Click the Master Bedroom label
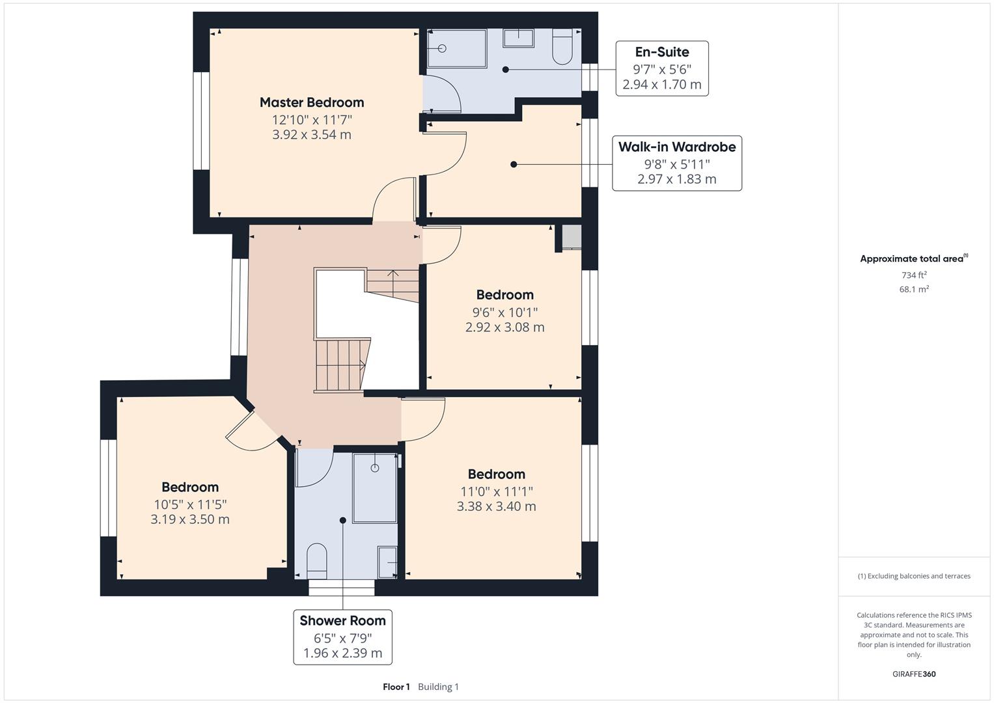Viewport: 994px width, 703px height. point(311,102)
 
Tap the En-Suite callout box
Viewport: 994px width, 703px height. point(661,68)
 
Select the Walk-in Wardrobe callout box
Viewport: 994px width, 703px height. point(676,163)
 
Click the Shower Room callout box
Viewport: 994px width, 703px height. point(342,637)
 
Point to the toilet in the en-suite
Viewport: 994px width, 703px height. point(562,47)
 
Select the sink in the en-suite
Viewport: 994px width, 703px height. point(518,38)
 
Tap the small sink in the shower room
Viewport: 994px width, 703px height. point(388,562)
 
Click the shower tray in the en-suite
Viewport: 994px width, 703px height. point(456,48)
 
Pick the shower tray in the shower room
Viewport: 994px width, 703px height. point(374,488)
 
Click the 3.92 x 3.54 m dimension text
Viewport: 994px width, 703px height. point(311,135)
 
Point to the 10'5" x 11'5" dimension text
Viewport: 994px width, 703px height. point(190,504)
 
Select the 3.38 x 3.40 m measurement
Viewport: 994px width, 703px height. point(496,506)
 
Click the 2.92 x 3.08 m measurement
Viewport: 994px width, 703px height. point(504,327)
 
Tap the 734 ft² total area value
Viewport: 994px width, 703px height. point(914,275)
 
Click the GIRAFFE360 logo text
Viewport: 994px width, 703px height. point(914,674)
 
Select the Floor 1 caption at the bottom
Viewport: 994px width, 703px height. point(396,687)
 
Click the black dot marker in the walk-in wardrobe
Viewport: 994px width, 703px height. point(514,165)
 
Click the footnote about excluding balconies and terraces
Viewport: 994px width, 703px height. point(914,576)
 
